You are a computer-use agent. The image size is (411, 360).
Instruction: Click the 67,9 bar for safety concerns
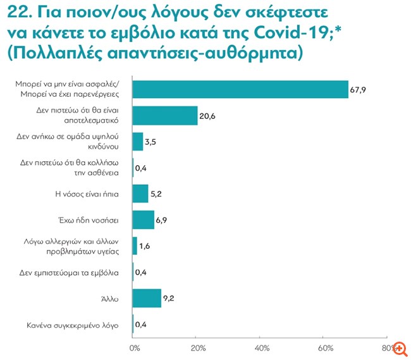tap(240, 90)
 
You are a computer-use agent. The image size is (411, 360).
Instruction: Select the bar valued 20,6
tap(165, 115)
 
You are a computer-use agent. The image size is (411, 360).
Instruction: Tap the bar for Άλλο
tap(147, 297)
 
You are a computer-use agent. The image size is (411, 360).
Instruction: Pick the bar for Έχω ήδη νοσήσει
tap(144, 220)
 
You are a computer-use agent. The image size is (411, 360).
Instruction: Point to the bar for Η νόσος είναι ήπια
tap(140, 193)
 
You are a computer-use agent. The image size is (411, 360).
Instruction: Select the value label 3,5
tap(151, 142)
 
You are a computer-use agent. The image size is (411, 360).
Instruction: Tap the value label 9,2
tap(170, 298)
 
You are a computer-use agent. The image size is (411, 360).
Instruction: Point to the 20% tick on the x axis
tap(197, 348)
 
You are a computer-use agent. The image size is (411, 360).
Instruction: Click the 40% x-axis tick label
tap(261, 348)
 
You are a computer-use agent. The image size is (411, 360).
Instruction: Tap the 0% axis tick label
tap(135, 348)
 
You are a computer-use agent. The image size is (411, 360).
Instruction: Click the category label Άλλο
tap(113, 297)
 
